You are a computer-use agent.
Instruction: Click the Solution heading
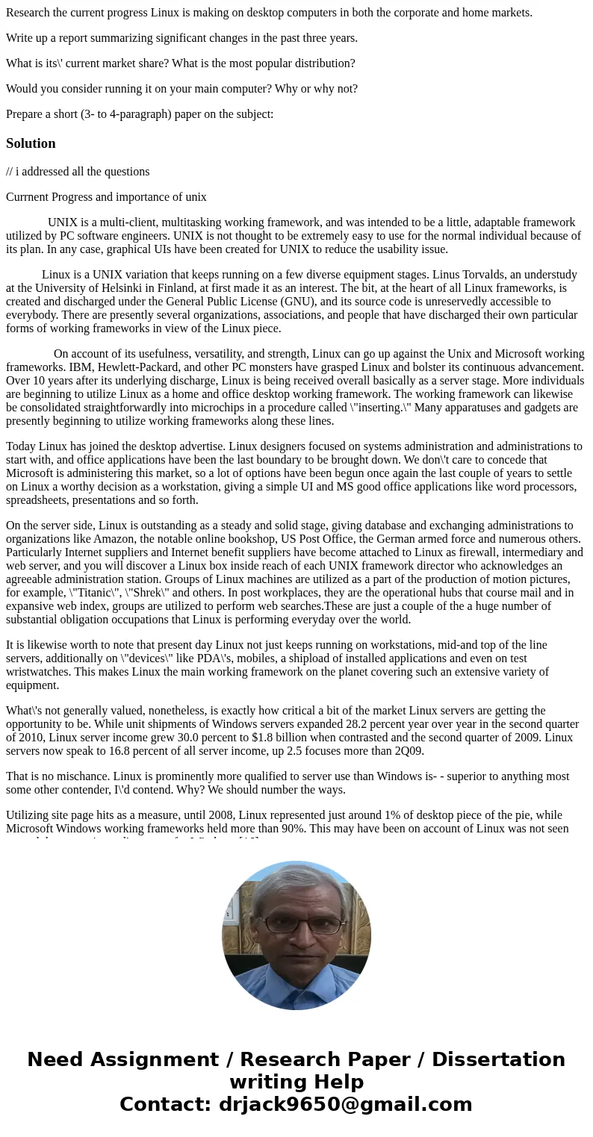click(x=31, y=143)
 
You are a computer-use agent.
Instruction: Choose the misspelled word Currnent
click(x=29, y=197)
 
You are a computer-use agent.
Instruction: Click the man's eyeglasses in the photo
click(x=296, y=926)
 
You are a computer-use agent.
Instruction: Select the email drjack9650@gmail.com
click(x=345, y=1105)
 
